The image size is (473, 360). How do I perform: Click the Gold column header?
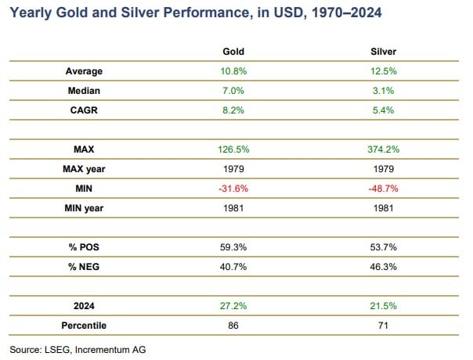(233, 52)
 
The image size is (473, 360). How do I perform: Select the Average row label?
(84, 71)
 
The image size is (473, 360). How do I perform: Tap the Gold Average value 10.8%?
(233, 71)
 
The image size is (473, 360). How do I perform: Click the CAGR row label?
(84, 110)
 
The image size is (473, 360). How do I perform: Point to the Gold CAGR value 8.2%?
(233, 110)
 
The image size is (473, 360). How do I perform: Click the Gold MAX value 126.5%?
(233, 149)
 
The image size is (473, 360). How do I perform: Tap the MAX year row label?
(84, 168)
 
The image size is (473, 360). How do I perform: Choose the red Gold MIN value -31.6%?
(233, 188)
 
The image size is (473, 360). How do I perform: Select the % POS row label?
(84, 247)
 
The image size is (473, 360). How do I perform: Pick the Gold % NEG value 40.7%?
(233, 266)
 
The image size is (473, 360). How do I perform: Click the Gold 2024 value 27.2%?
(233, 304)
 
